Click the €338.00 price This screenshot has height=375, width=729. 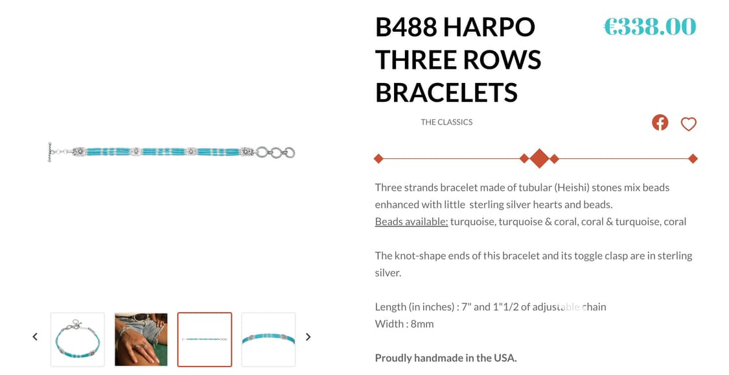(x=649, y=27)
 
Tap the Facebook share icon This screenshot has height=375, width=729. (x=660, y=122)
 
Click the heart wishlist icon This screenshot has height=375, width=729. (x=688, y=123)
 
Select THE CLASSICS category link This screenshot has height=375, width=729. (x=446, y=122)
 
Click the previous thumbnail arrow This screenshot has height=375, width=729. (x=35, y=337)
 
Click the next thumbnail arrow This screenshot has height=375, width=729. (x=308, y=337)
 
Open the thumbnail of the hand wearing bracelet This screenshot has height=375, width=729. (x=141, y=339)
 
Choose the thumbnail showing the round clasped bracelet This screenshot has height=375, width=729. (x=77, y=339)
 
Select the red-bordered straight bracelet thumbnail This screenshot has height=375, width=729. (x=204, y=339)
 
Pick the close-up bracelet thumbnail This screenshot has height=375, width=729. (x=268, y=339)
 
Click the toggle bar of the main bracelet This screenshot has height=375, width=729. (x=50, y=152)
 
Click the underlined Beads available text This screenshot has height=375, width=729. (x=411, y=221)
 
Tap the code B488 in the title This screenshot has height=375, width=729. (x=406, y=27)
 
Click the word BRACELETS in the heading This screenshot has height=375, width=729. (x=446, y=93)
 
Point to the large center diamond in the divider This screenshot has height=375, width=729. (x=539, y=158)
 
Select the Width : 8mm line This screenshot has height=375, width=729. (x=404, y=324)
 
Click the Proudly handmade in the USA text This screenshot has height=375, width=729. (x=446, y=357)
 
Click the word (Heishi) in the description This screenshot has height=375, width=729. (x=575, y=187)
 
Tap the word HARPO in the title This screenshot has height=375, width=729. (x=489, y=27)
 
